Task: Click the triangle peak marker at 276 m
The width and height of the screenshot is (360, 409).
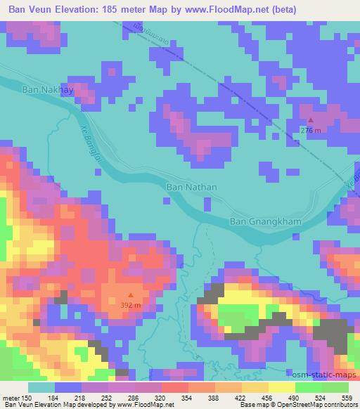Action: click(311, 120)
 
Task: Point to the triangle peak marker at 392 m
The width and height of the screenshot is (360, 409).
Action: click(130, 295)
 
